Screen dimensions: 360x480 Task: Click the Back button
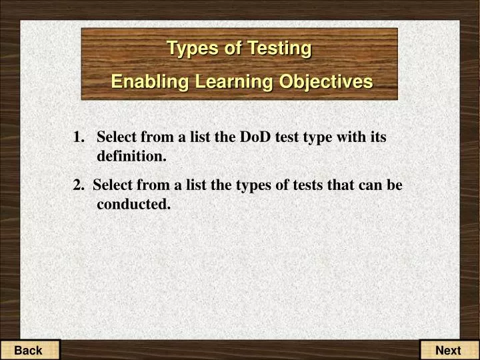click(x=29, y=350)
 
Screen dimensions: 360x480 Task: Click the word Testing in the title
click(x=279, y=48)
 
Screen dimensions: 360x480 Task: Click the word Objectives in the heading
click(x=326, y=81)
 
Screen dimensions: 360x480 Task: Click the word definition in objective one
click(x=131, y=157)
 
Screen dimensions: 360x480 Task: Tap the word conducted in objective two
click(x=133, y=204)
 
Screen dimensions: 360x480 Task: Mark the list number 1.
click(x=79, y=137)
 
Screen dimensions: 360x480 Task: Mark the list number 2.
click(x=79, y=185)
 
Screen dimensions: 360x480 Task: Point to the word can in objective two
click(x=367, y=185)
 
